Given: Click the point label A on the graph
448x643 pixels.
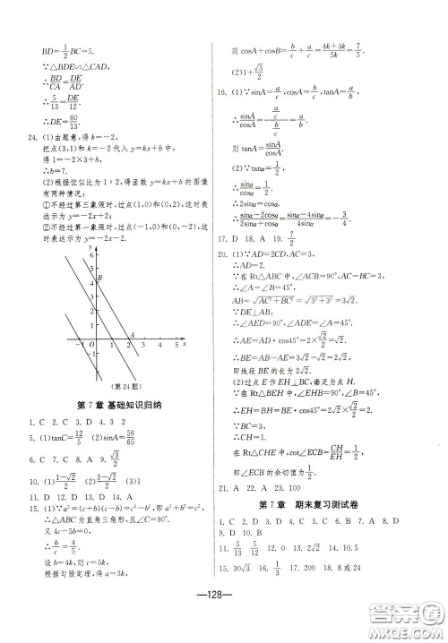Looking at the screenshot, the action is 133,334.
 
